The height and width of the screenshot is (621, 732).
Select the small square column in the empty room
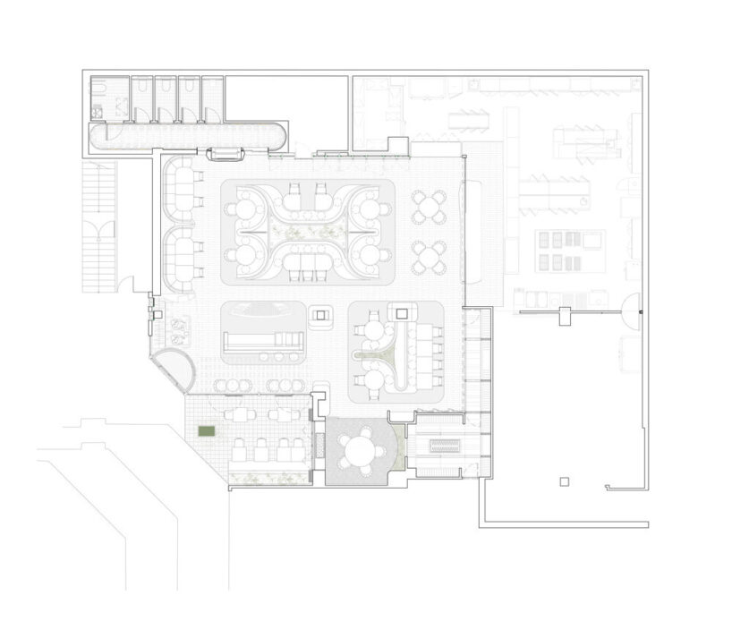point(562,482)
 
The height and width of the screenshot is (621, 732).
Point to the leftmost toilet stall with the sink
point(111,98)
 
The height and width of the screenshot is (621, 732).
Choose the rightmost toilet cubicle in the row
point(212,98)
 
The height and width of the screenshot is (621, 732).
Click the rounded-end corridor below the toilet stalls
point(188,136)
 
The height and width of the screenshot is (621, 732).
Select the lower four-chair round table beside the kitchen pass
point(429,257)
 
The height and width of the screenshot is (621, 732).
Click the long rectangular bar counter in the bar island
point(265,342)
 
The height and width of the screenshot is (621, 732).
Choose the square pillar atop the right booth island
point(401,313)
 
